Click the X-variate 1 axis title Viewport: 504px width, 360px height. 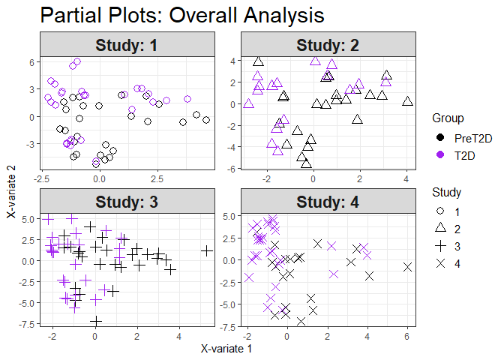(226, 349)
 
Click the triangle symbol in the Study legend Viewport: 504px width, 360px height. (441, 227)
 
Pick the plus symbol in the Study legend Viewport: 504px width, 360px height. (441, 245)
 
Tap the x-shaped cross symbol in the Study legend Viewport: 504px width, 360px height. (441, 262)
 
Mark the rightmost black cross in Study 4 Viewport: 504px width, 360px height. (407, 267)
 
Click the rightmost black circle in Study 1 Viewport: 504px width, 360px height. (206, 120)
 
